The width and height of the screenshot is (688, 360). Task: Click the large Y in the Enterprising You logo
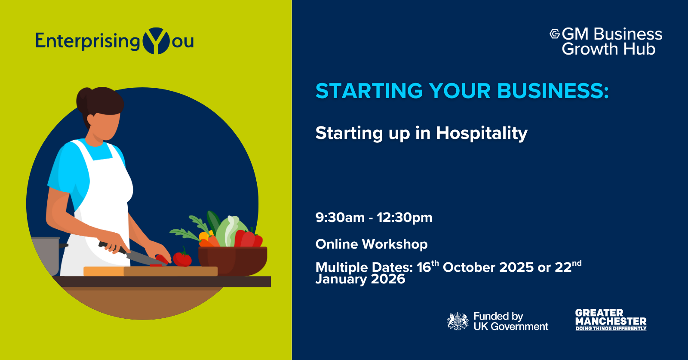click(156, 41)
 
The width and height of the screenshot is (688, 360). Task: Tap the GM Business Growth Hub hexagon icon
click(555, 34)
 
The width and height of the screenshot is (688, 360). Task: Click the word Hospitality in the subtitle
click(482, 134)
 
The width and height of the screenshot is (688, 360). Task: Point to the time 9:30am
click(340, 218)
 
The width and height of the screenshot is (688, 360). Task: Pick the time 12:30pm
click(405, 218)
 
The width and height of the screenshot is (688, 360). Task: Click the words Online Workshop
click(372, 244)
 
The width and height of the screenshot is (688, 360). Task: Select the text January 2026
click(360, 279)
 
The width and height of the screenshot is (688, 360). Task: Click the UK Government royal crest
click(458, 321)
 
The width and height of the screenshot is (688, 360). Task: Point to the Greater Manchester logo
click(611, 320)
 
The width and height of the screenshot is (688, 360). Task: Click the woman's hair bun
click(83, 99)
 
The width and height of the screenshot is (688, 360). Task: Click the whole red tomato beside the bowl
click(182, 258)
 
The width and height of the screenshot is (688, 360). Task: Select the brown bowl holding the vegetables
click(233, 261)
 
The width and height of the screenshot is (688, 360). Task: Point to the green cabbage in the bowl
click(230, 231)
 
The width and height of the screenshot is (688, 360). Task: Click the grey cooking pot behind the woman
click(46, 255)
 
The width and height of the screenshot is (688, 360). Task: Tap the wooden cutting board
click(150, 271)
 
